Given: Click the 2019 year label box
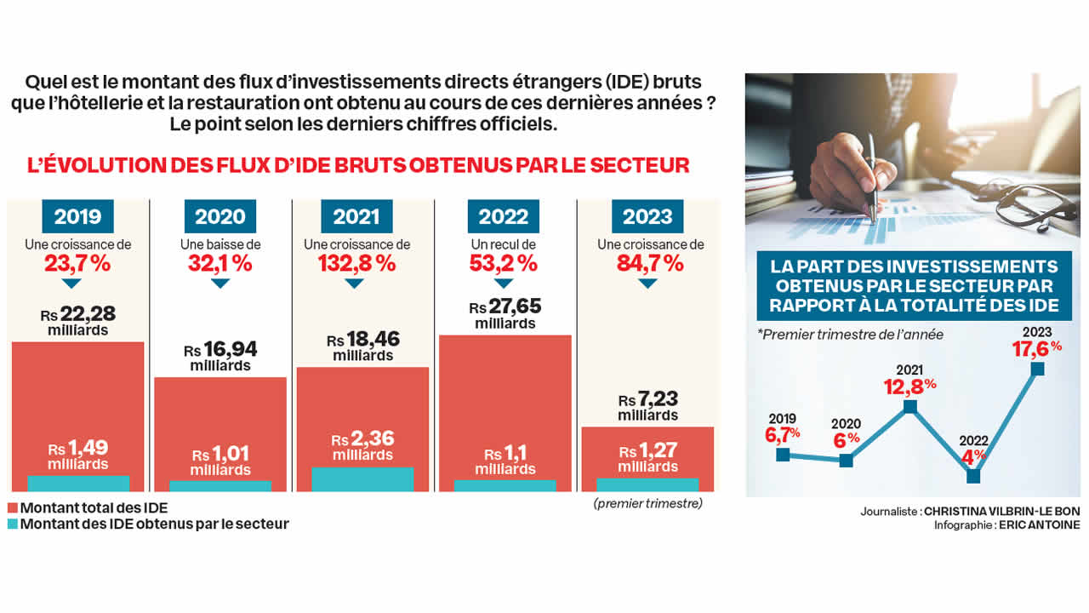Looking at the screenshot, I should tap(77, 216).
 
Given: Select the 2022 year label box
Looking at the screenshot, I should tap(504, 216).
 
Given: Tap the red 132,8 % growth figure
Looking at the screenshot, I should tap(356, 263).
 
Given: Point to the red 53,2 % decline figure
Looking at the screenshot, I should tap(503, 263).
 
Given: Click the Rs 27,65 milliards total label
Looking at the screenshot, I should tap(505, 314).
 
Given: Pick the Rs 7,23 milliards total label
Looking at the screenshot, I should tap(648, 407).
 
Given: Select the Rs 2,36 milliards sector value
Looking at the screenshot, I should tap(363, 447).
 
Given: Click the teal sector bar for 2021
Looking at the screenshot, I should tap(363, 479).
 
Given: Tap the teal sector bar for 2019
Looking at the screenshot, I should tap(78, 483).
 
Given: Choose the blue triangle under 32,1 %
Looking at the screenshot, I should tap(220, 283).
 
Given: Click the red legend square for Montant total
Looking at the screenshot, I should tap(13, 508).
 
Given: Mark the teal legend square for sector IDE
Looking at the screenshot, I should tap(13, 524).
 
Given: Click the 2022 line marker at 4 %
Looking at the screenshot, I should tap(973, 477).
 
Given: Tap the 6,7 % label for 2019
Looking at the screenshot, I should tap(783, 434).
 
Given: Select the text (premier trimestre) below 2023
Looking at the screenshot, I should tap(648, 504).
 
